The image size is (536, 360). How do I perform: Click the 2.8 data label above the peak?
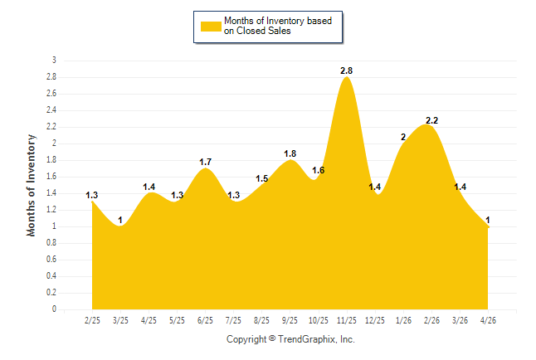(x=346, y=71)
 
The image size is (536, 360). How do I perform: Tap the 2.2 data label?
(x=431, y=120)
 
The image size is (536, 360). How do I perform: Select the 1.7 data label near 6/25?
(x=206, y=162)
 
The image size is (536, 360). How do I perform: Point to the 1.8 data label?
(x=290, y=153)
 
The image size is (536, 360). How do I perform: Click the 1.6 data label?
(x=319, y=170)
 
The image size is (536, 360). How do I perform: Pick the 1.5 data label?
(x=262, y=178)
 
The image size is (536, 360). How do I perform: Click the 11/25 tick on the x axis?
(x=347, y=320)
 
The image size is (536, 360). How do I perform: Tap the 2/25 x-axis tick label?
(x=92, y=320)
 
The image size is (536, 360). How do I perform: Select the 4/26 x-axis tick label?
(x=488, y=320)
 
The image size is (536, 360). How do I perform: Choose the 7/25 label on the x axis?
(x=233, y=320)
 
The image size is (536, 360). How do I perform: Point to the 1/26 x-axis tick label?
(x=403, y=320)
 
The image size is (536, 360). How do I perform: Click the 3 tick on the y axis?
(x=54, y=61)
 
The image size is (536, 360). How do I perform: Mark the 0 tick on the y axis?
(x=54, y=309)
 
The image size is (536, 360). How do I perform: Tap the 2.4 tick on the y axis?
(x=51, y=110)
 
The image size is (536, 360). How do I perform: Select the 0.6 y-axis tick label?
(x=51, y=260)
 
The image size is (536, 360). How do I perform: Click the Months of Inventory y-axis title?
(x=31, y=185)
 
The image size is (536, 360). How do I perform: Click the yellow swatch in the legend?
(x=211, y=27)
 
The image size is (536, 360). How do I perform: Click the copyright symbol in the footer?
(x=272, y=338)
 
